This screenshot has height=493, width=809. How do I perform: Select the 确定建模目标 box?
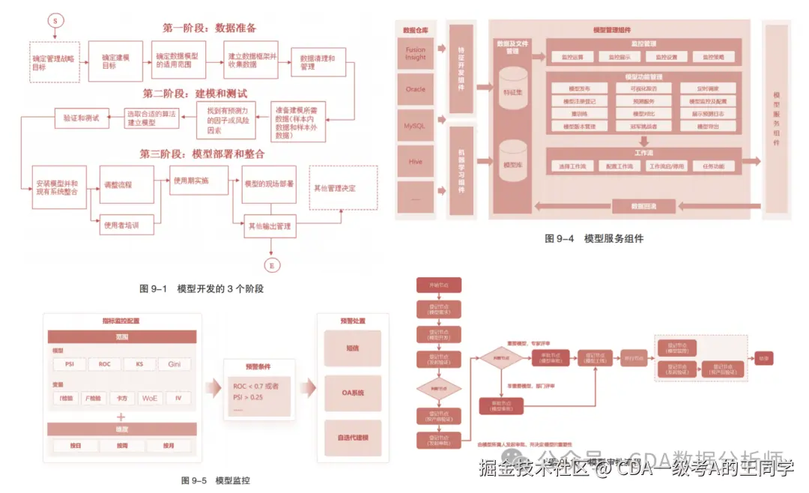tap(115, 61)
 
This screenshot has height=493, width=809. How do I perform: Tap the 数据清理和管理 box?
tap(318, 61)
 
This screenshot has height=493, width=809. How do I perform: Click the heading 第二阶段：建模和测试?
tap(195, 94)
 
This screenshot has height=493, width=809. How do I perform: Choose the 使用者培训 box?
tap(121, 224)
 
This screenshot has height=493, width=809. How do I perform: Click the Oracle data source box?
tap(416, 89)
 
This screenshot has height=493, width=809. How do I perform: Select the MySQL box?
tap(415, 126)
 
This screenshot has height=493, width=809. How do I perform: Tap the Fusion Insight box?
tap(416, 52)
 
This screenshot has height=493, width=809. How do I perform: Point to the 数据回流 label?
tap(644, 205)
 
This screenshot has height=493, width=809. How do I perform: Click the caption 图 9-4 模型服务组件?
tap(593, 239)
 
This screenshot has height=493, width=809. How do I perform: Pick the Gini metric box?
tap(174, 364)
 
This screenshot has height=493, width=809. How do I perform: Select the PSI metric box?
tap(70, 364)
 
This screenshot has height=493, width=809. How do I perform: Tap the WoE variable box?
tap(150, 398)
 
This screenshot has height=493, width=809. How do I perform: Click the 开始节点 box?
tap(438, 285)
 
